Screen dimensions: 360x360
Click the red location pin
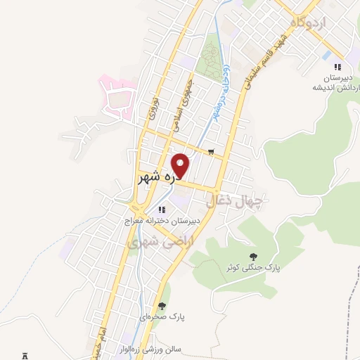[181, 165]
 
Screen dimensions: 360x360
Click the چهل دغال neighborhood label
[236, 202]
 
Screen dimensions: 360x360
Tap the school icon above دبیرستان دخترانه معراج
[162, 209]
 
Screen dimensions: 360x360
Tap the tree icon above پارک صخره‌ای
[162, 306]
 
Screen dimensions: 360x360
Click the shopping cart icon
[211, 151]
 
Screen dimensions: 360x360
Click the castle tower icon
[25, 356]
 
